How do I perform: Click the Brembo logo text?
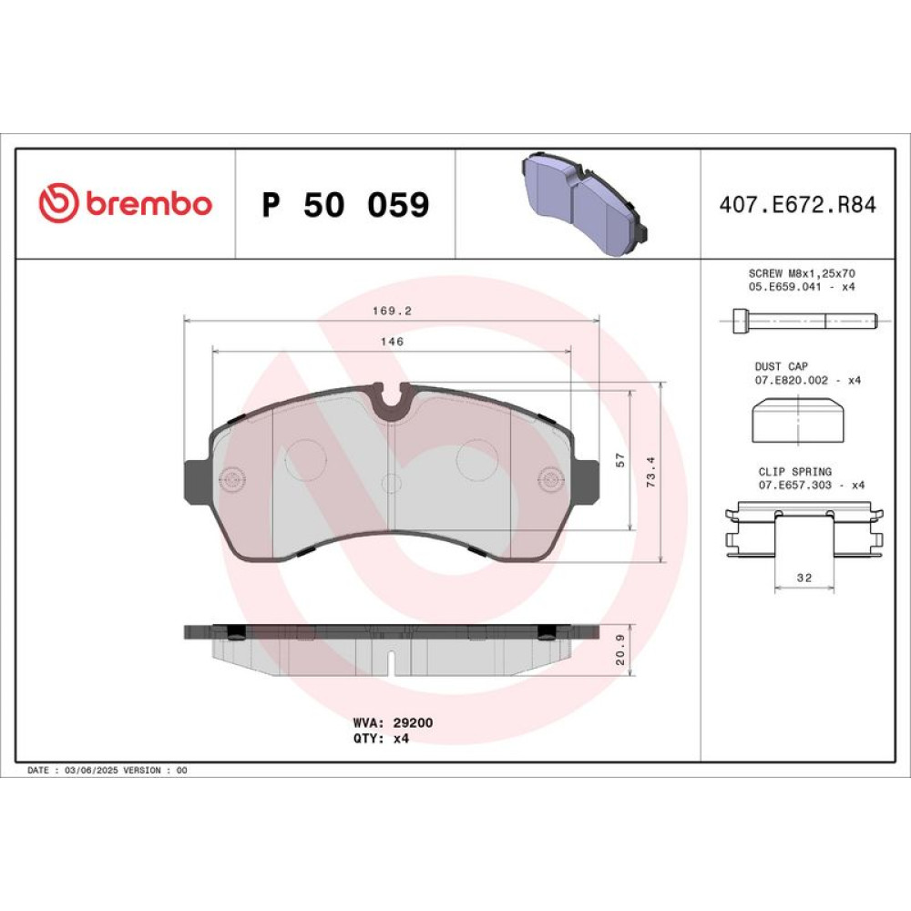(149, 203)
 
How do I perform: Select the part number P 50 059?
(345, 204)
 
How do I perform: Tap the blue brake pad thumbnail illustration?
(585, 203)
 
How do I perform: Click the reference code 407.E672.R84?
(797, 205)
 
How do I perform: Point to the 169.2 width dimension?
(392, 311)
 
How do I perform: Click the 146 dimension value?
(392, 342)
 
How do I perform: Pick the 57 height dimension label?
(620, 460)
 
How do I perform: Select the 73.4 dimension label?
(650, 471)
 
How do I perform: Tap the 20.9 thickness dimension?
(620, 650)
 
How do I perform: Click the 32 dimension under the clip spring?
(804, 578)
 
